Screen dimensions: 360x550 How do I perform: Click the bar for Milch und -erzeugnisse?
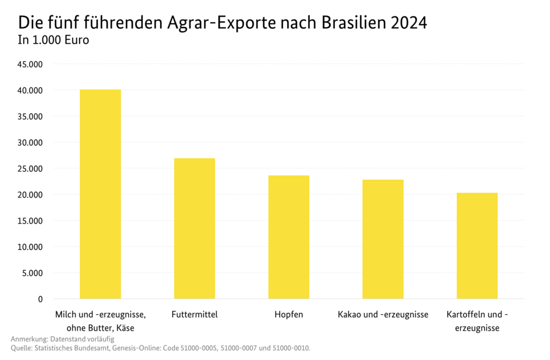100,194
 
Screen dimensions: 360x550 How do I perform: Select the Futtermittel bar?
194,229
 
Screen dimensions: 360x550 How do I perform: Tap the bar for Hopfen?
288,237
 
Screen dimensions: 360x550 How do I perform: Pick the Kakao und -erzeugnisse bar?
383,239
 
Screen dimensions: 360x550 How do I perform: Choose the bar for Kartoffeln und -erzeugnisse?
477,246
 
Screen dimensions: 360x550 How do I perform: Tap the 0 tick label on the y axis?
40,299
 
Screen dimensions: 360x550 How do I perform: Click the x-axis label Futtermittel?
195,315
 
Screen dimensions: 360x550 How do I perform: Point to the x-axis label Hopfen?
288,315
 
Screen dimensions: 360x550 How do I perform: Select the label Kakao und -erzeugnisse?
383,315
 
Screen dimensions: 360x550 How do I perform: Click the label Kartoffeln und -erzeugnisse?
477,321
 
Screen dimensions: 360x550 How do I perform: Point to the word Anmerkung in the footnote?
30,339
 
